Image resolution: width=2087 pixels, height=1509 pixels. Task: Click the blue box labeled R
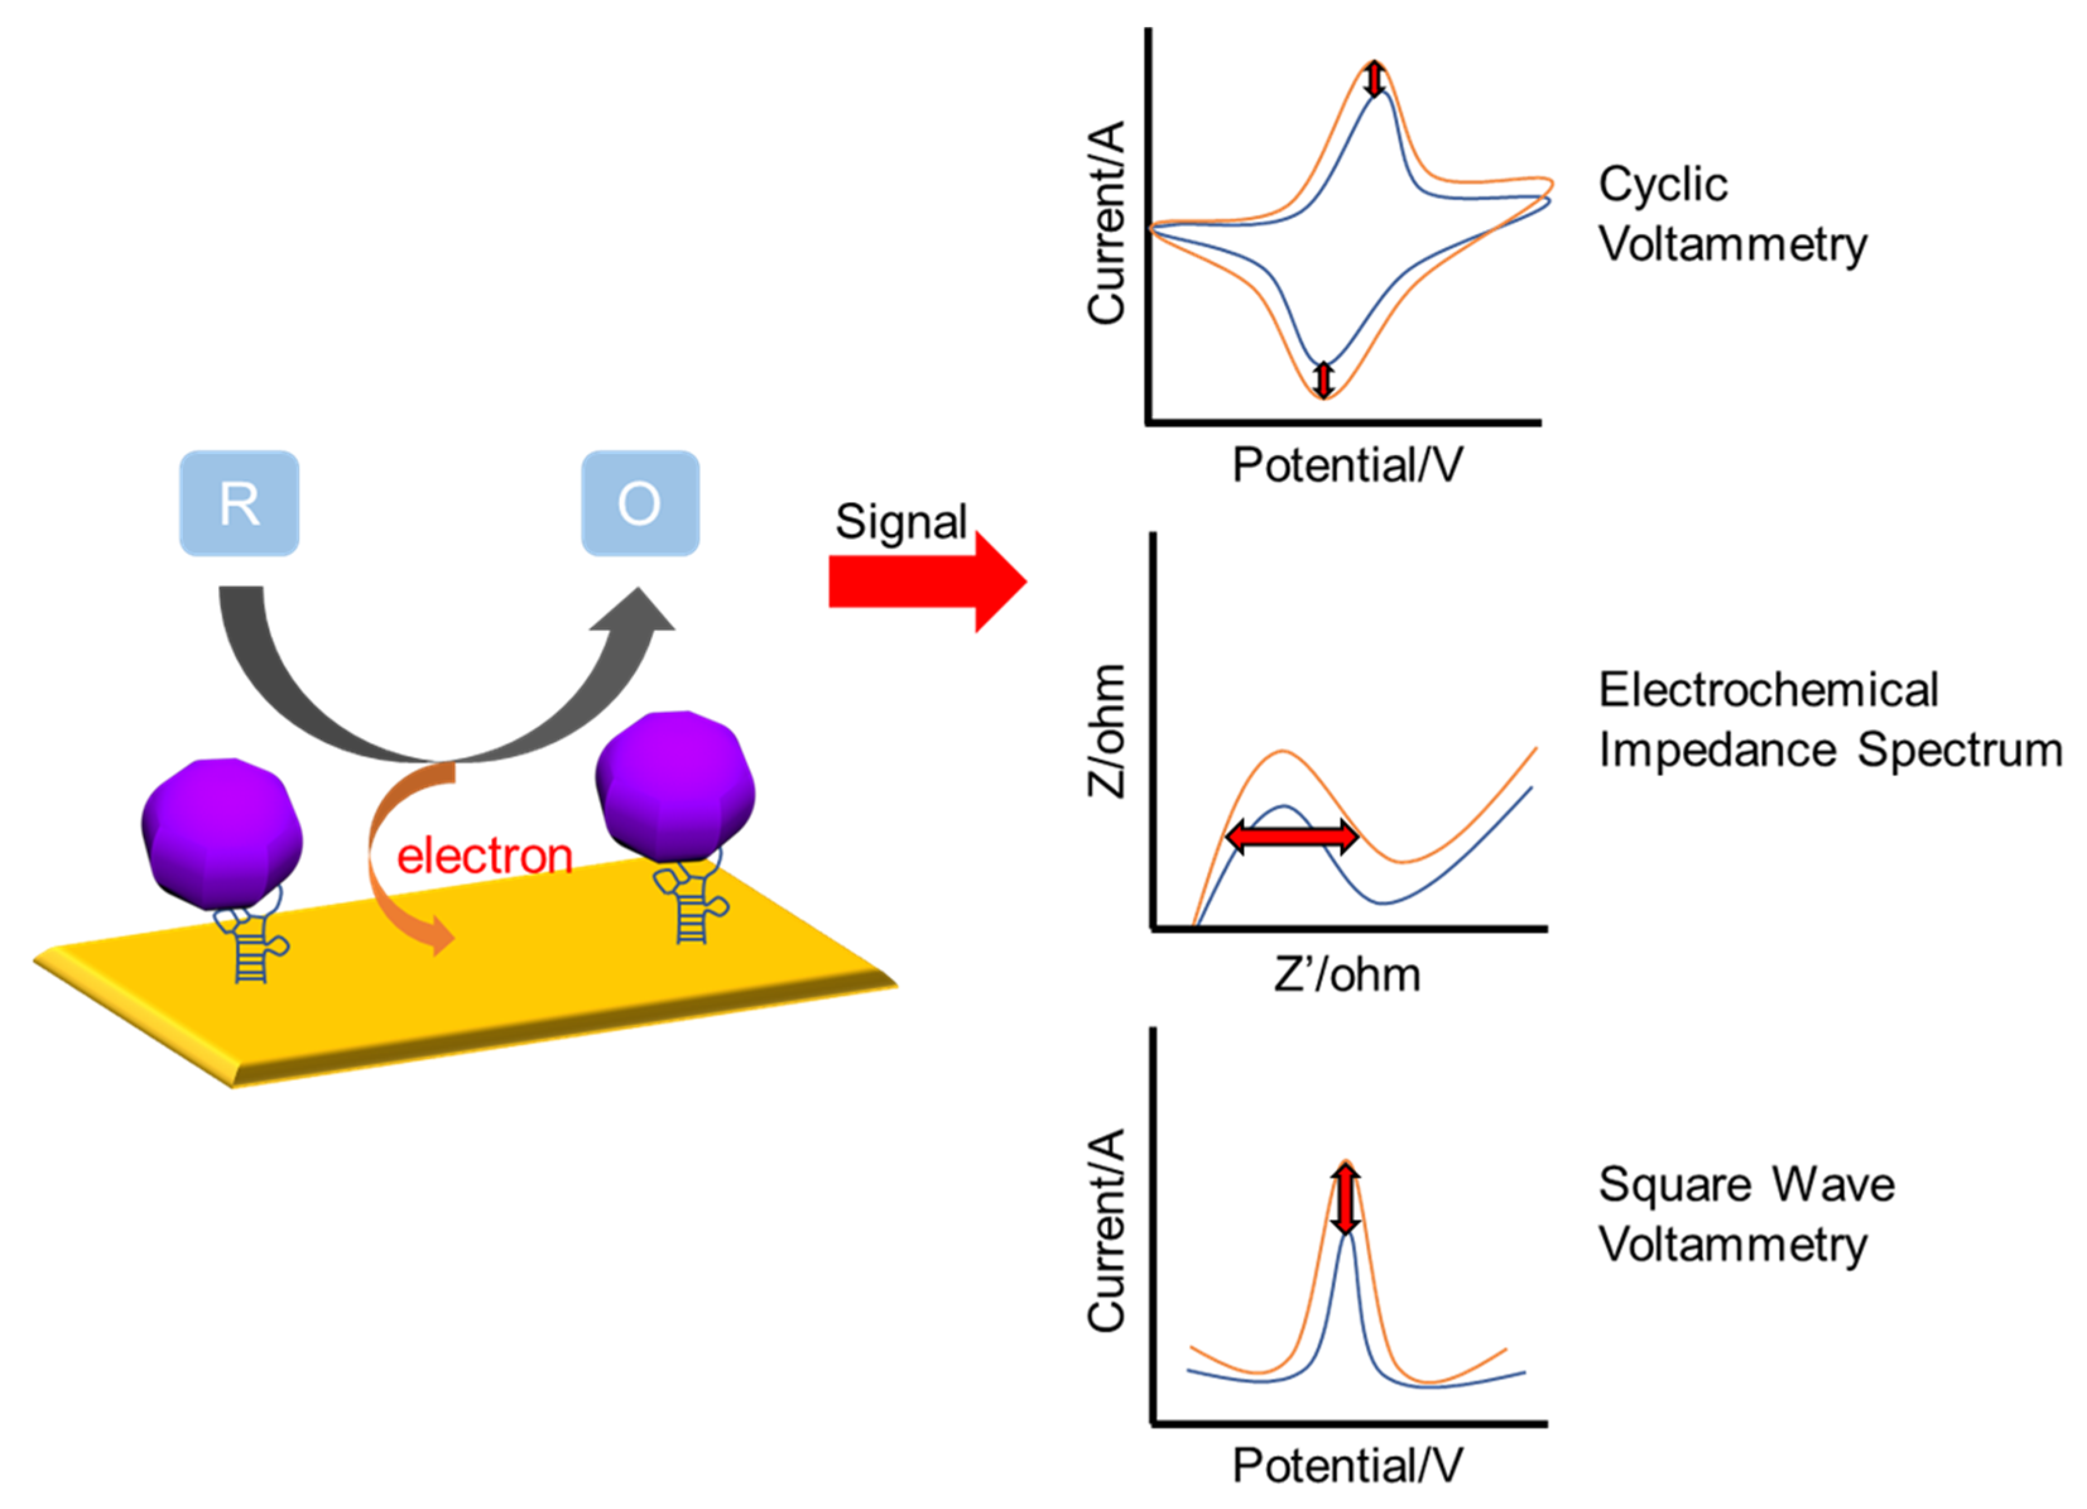coord(239,503)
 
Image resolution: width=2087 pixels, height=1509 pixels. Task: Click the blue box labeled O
coord(641,503)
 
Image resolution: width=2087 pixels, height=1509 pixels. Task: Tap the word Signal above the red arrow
coord(900,522)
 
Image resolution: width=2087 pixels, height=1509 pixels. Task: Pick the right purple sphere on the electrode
coord(675,787)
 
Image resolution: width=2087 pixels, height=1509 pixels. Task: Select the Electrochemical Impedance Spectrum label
coord(1829,720)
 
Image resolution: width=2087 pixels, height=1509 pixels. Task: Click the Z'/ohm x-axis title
coord(1347,974)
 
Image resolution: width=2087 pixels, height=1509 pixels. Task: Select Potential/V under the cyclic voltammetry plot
coord(1347,465)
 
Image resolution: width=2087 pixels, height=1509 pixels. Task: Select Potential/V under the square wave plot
coord(1347,1466)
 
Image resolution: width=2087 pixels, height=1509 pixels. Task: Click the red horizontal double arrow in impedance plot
coord(1292,837)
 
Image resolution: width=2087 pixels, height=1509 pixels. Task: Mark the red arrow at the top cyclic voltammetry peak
coord(1374,79)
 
